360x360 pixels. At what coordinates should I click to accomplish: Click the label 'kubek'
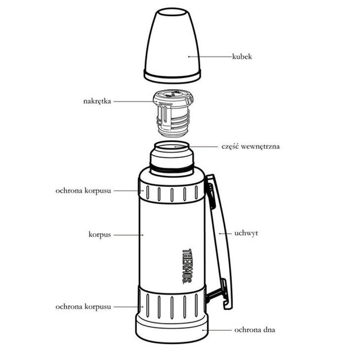242,56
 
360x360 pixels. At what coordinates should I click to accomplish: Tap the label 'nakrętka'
97,101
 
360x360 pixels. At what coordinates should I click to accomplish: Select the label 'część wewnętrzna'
250,146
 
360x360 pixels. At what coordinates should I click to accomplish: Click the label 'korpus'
100,235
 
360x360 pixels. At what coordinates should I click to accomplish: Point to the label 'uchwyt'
246,233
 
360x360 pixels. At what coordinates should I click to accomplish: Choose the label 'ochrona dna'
255,330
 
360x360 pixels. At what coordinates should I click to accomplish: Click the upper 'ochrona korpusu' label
83,191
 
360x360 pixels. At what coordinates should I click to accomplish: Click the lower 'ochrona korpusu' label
83,307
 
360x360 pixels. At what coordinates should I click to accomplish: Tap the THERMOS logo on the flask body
187,266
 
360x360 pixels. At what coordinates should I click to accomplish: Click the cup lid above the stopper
172,45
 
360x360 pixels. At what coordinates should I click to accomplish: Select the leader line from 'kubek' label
210,56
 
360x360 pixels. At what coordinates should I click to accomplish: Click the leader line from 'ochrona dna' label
217,330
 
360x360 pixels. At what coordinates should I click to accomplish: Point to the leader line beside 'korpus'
128,235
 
